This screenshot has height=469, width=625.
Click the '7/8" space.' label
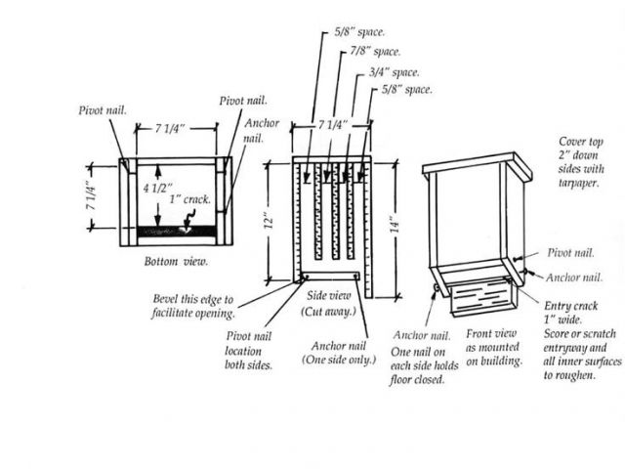pos(375,52)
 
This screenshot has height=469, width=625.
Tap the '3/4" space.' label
pos(395,72)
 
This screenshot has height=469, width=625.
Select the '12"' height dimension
pos(270,223)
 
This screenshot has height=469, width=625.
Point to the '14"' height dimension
pos(395,225)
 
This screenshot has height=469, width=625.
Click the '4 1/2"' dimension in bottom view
pos(158,188)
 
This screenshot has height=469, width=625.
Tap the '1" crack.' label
pos(189,199)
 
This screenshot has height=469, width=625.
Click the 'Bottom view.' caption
pos(176,262)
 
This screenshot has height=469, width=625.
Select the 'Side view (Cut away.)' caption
pos(329,303)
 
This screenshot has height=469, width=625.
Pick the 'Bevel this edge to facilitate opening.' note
pos(193,306)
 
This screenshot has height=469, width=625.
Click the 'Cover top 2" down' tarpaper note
pos(581,162)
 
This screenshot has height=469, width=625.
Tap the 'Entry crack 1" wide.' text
pos(570,313)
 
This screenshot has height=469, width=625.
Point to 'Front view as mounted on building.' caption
pos(494,348)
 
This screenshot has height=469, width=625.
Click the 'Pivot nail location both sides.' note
pos(249,351)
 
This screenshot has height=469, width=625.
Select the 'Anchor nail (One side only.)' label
pos(339,353)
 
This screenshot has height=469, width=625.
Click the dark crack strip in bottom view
pos(176,231)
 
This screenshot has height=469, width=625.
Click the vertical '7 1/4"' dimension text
pos(91,198)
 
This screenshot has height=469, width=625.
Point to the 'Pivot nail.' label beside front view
pos(570,252)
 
